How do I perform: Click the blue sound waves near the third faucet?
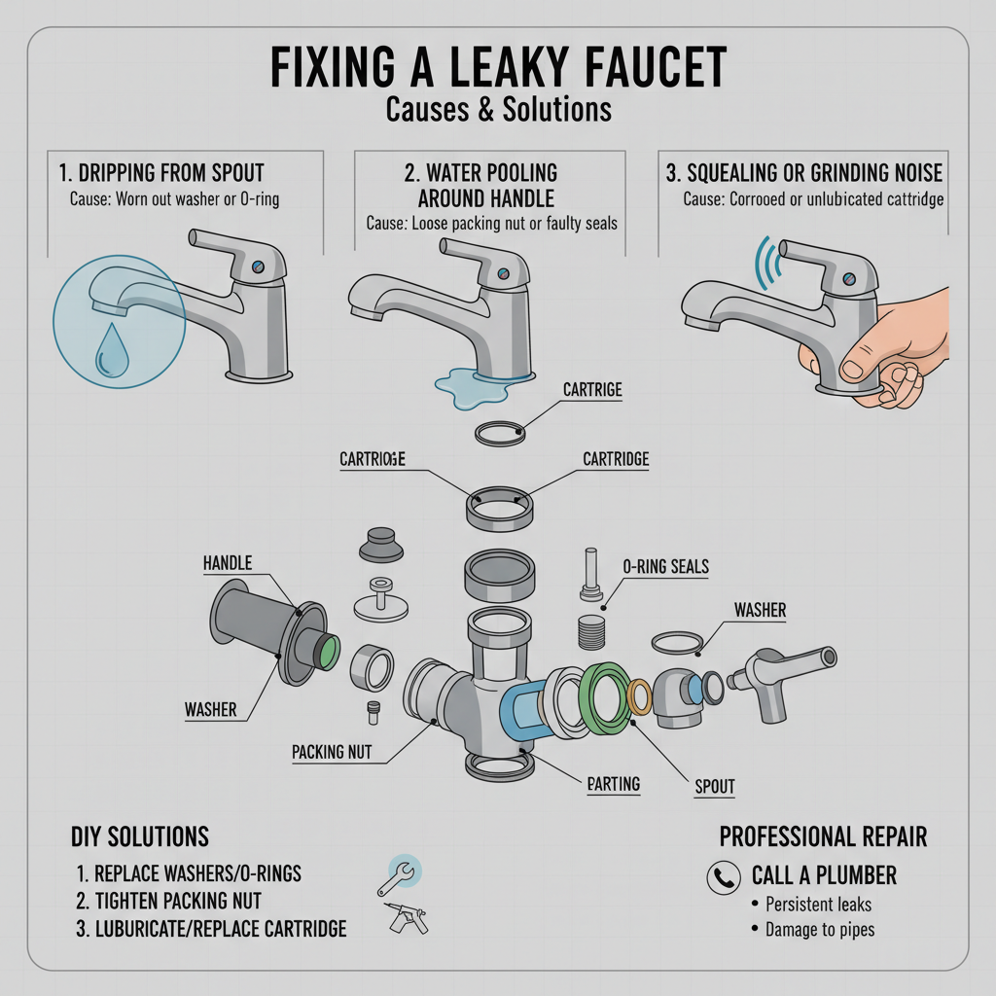(x=768, y=262)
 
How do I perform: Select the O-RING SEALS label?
(x=665, y=566)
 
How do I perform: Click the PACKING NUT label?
(x=332, y=751)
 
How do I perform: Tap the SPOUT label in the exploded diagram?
(x=714, y=786)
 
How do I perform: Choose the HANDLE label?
(x=227, y=563)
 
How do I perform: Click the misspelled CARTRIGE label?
(x=592, y=389)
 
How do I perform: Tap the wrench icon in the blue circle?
(x=399, y=871)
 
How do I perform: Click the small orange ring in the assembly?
(x=641, y=695)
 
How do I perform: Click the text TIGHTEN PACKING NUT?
(x=168, y=901)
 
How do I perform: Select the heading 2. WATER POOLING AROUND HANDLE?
(x=480, y=185)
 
